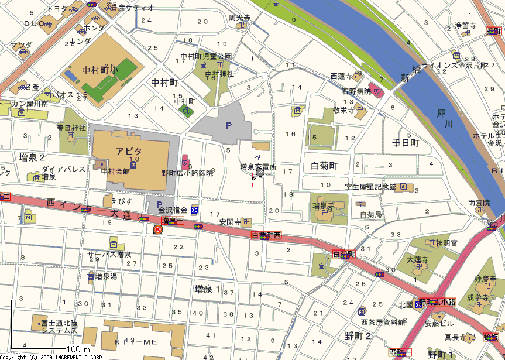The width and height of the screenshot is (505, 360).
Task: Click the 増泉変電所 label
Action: point(258,167)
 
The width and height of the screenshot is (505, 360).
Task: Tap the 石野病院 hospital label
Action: point(356,91)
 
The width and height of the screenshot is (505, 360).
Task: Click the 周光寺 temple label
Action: point(240,18)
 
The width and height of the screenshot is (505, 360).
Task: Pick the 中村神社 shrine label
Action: point(219,74)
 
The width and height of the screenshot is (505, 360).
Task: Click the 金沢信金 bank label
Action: point(173,210)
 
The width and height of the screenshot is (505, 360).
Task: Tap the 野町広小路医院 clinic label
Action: point(187,173)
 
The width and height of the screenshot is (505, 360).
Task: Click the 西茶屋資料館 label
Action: point(383,321)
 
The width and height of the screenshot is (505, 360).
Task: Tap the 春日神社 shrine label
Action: point(71,127)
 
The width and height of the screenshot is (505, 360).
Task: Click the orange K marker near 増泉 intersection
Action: point(157,230)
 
